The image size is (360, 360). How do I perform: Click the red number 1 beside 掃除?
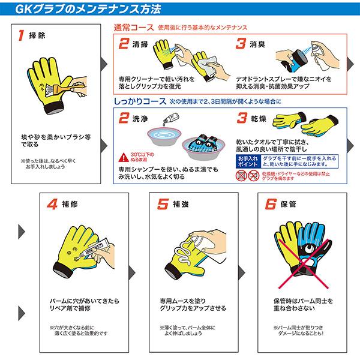22,35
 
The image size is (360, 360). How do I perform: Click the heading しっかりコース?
141,102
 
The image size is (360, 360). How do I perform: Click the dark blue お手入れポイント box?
245,159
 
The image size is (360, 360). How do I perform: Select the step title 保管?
298,203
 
